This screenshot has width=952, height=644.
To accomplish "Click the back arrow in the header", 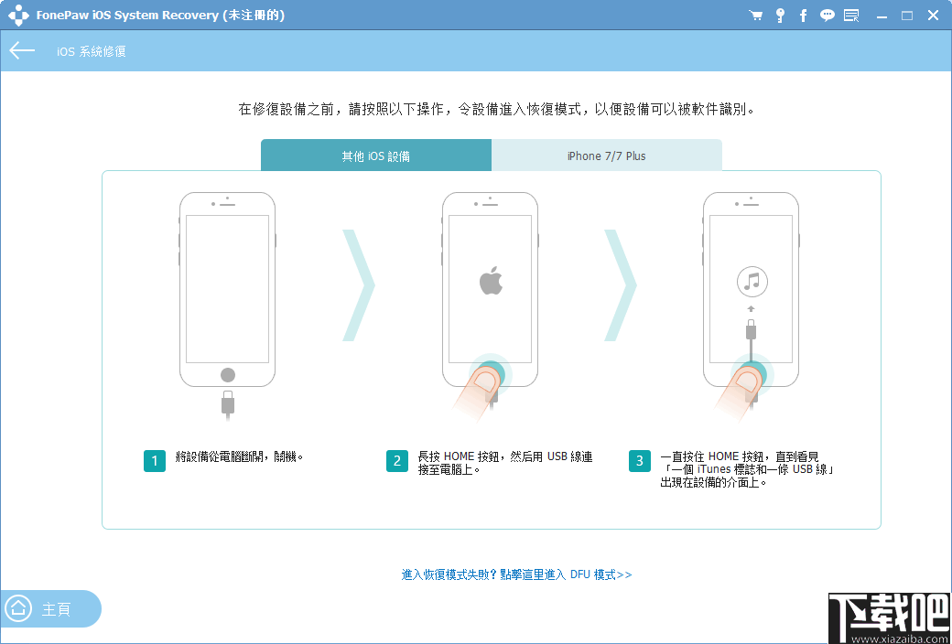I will pyautogui.click(x=22, y=51).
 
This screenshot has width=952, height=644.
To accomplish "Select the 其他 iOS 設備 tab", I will pyautogui.click(x=375, y=156).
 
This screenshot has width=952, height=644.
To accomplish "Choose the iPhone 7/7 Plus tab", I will pyautogui.click(x=606, y=156).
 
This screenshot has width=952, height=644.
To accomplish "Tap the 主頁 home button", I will pyautogui.click(x=50, y=609).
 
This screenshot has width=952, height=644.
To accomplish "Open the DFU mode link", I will pyautogui.click(x=516, y=574).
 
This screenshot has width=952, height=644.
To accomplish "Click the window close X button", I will pyautogui.click(x=933, y=16).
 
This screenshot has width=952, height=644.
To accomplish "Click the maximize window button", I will pyautogui.click(x=907, y=16).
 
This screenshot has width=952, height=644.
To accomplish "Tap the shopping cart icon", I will pyautogui.click(x=755, y=16).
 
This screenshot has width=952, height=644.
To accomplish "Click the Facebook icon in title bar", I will pyautogui.click(x=804, y=16).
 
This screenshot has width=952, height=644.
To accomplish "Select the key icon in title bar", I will pyautogui.click(x=780, y=16).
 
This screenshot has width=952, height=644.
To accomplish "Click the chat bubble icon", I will pyautogui.click(x=828, y=16).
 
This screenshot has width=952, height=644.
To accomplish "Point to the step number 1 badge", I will pyautogui.click(x=154, y=461).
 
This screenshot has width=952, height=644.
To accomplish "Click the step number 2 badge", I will pyautogui.click(x=396, y=461).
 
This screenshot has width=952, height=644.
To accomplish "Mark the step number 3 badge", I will pyautogui.click(x=640, y=461).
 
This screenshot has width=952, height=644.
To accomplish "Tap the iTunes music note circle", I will pyautogui.click(x=752, y=282).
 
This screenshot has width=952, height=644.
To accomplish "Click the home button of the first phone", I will pyautogui.click(x=228, y=375).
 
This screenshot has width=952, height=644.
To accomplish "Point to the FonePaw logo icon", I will pyautogui.click(x=18, y=16).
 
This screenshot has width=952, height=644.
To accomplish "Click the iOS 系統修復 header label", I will pyautogui.click(x=91, y=52).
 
